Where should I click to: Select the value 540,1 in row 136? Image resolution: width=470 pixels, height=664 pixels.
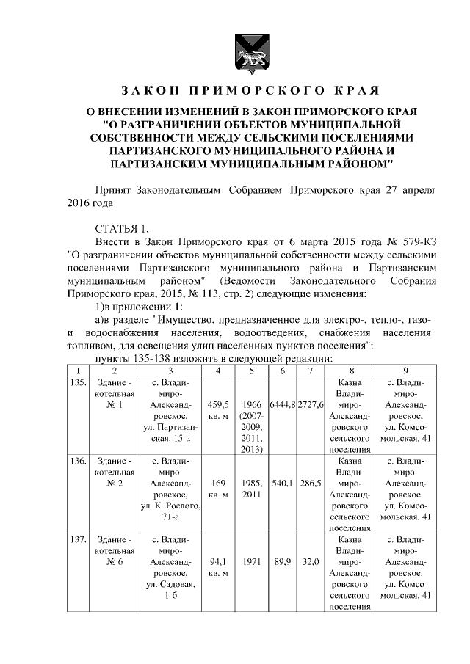click(x=282, y=484)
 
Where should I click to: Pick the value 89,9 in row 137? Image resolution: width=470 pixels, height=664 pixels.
click(x=282, y=563)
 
